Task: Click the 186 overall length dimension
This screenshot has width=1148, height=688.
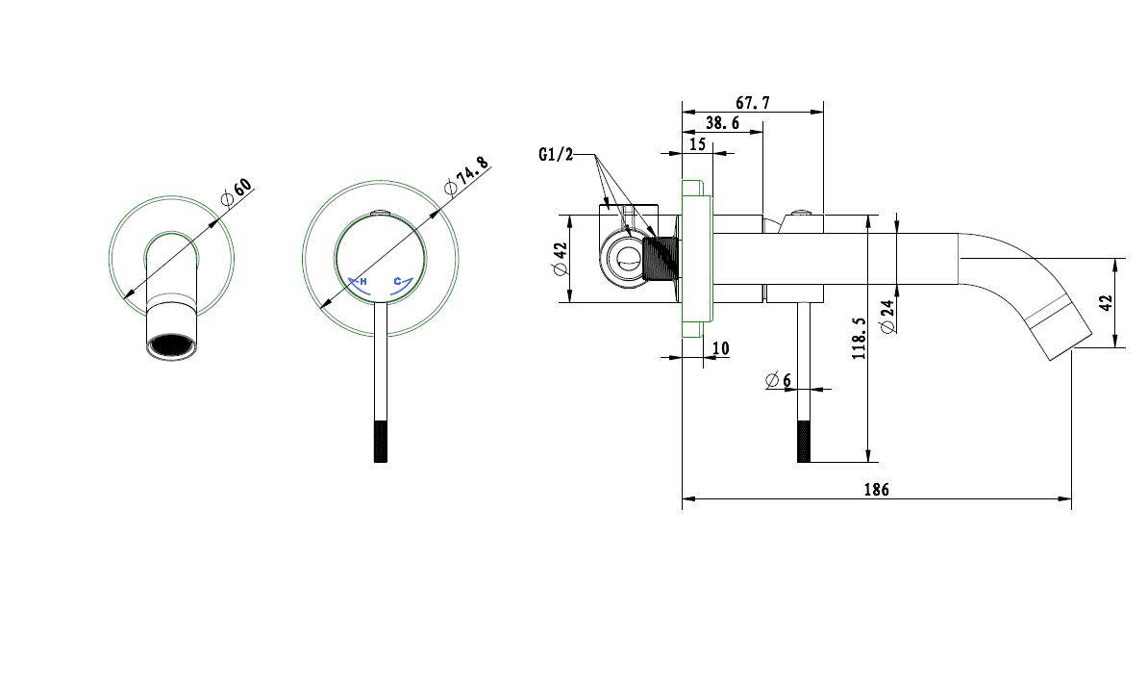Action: [876, 489]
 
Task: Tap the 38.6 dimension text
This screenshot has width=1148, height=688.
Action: [722, 123]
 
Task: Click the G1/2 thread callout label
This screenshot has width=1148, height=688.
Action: [556, 154]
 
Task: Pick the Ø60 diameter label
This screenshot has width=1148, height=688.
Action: [236, 193]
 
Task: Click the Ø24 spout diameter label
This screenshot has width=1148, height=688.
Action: [887, 316]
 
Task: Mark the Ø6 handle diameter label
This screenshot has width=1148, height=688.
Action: [778, 380]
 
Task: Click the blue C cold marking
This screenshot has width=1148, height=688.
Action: [397, 281]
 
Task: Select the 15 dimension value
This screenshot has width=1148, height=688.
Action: [697, 144]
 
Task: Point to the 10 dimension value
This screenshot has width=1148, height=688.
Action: [721, 347]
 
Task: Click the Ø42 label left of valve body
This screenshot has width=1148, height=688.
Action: [561, 259]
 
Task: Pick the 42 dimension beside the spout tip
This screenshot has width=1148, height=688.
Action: [1105, 302]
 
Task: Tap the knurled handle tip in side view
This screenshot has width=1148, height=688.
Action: [805, 442]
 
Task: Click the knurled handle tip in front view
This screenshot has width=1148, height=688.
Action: [380, 442]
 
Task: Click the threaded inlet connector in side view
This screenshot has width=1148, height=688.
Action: [661, 258]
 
